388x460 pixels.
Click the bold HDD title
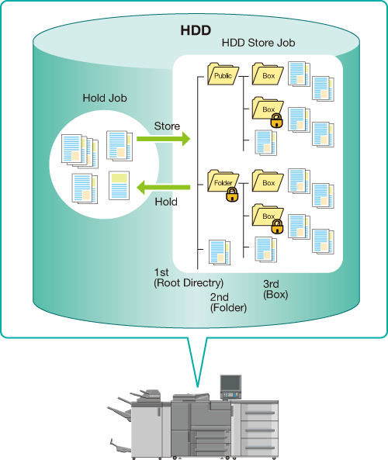click(x=196, y=30)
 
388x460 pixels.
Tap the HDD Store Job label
click(x=258, y=43)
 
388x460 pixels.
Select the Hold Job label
click(x=105, y=98)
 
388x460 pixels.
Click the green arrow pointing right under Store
click(x=163, y=139)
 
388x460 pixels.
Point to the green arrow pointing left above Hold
click(x=164, y=188)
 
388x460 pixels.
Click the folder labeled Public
click(x=223, y=74)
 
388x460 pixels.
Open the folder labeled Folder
click(x=223, y=181)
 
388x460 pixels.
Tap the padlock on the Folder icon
click(x=232, y=195)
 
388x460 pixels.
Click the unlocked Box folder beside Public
click(x=268, y=74)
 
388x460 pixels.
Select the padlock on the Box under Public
click(x=276, y=120)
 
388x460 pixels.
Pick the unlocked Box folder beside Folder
click(x=268, y=181)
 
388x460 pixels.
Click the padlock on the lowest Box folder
click(x=277, y=227)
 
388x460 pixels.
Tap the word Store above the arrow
click(x=167, y=126)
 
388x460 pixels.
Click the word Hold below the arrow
click(x=166, y=202)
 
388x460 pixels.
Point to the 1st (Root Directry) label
click(x=189, y=278)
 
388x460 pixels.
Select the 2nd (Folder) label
click(x=228, y=303)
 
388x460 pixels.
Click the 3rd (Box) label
click(x=275, y=289)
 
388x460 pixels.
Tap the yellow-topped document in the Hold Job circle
click(x=120, y=185)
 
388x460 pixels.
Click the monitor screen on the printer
click(x=230, y=383)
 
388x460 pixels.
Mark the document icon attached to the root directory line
click(x=220, y=252)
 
